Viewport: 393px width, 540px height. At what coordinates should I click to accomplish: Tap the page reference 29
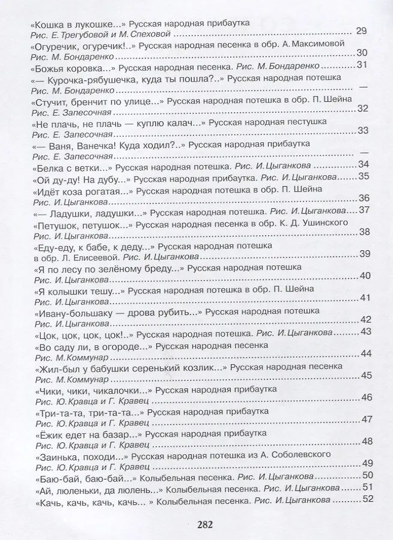tap(361, 32)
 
